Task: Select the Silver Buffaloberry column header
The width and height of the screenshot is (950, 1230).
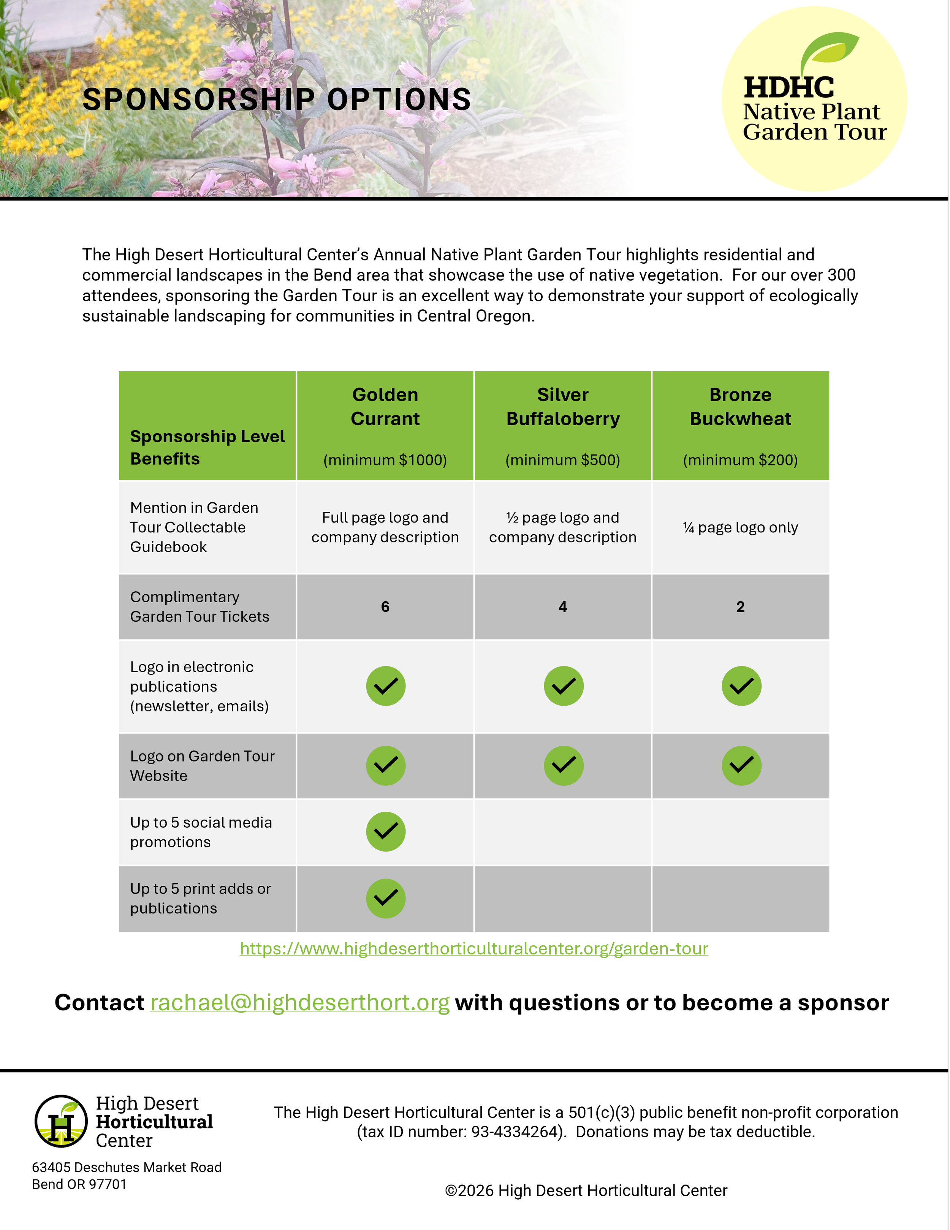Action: point(562,407)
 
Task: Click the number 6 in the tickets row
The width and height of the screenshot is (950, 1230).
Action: point(385,606)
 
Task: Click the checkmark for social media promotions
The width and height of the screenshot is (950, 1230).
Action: point(386,831)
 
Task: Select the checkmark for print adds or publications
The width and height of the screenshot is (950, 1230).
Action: point(386,898)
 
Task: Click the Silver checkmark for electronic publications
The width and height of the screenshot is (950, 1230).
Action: point(563,686)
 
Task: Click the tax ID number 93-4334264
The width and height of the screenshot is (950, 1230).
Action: point(517,1132)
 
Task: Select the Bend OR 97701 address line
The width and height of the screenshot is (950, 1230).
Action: point(79,1184)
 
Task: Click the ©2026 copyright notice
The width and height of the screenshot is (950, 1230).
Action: point(586,1190)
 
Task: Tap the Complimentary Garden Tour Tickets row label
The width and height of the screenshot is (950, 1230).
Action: point(199,606)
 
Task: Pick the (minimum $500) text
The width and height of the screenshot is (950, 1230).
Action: point(562,460)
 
